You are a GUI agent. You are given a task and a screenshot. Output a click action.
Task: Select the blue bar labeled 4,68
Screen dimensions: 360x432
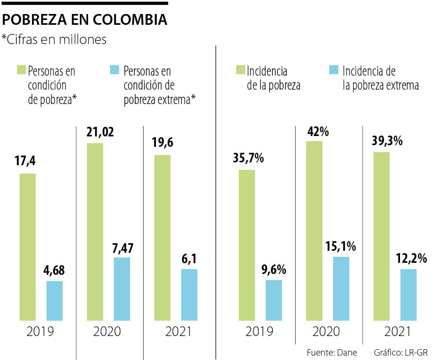click(54, 300)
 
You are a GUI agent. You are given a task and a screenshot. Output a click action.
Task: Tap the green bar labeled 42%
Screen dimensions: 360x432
click(314, 230)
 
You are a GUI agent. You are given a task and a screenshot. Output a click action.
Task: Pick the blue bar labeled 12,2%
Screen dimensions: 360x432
click(408, 294)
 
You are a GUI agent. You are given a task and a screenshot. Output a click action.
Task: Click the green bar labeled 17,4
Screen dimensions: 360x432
click(28, 247)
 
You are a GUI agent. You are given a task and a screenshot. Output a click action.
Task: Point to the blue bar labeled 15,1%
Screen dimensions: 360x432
click(341, 288)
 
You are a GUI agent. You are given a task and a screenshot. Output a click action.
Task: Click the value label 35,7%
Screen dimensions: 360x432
click(248, 159)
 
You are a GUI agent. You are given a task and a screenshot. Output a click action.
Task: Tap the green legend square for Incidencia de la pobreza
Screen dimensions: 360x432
click(240, 70)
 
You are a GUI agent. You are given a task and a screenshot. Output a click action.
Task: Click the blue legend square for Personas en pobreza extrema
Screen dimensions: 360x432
click(114, 70)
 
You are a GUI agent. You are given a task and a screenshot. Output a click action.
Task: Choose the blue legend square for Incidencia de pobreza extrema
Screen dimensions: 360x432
click(333, 70)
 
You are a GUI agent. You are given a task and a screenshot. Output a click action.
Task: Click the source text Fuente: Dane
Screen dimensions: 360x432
click(332, 352)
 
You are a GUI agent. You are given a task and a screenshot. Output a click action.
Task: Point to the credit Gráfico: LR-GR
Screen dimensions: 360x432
click(395, 352)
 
